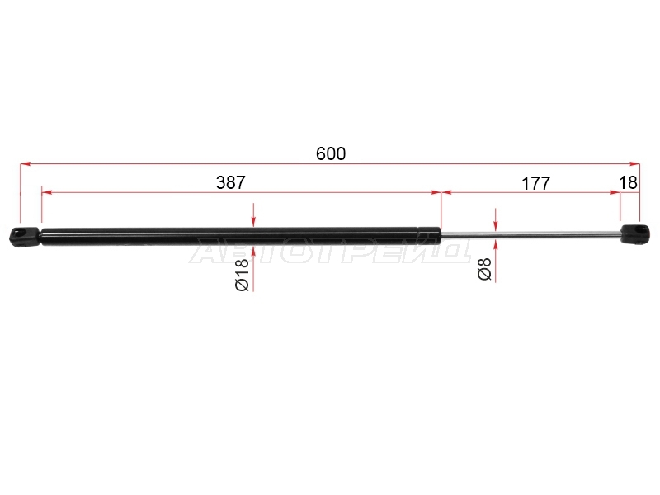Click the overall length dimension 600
[331, 153]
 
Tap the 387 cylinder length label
[231, 182]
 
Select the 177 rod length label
[535, 183]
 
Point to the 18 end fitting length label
[628, 182]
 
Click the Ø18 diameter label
[242, 275]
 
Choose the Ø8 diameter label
[484, 269]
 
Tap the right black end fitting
[635, 234]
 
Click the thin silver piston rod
[531, 235]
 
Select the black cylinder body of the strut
[241, 236]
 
